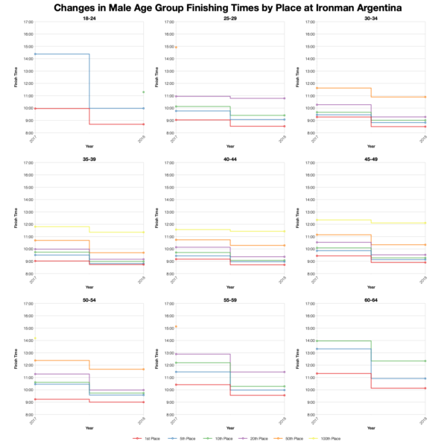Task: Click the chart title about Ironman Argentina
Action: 223,7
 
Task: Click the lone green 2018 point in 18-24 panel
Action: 143,92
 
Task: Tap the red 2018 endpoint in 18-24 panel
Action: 143,124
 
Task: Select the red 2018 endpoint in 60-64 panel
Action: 425,388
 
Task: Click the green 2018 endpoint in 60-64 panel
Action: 425,361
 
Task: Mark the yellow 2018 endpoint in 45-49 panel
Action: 425,223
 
